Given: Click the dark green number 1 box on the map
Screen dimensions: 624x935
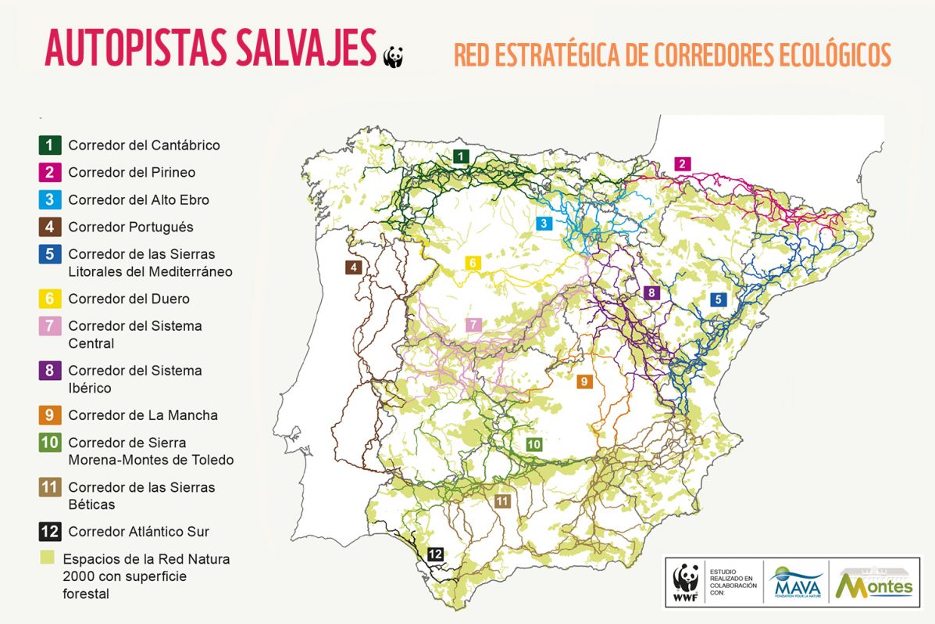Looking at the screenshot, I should pos(462,157).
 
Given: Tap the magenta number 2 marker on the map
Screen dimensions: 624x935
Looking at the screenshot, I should pos(682,163).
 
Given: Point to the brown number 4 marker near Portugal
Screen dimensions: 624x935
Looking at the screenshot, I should pos(355,267).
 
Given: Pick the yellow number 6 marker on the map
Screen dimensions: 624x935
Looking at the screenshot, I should pos(473,263).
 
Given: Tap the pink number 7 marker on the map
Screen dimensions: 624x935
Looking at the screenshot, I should pos(473,325).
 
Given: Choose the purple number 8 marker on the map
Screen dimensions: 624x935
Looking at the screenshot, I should pos(652,292).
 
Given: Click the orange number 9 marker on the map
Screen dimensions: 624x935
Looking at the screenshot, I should pos(583,382).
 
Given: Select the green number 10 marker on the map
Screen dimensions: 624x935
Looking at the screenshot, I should pos(534,444).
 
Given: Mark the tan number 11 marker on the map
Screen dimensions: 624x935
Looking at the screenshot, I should pos(501,500).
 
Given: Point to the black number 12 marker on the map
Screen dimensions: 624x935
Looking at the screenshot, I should pos(435,554).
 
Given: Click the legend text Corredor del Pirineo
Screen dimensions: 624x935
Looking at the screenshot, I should pos(131,172).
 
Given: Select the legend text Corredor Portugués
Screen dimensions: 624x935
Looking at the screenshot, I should pos(130,227).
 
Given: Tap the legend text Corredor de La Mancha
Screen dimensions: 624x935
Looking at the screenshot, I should pos(142,415).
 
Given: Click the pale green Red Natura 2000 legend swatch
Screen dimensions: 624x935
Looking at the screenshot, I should pos(47,558).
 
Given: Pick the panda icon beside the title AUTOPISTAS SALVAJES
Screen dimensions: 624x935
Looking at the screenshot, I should pos(393,56).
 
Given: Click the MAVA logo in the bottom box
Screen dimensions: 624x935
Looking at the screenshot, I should pos(795,582).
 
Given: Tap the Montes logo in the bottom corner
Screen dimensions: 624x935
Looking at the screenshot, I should pos(874,582).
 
